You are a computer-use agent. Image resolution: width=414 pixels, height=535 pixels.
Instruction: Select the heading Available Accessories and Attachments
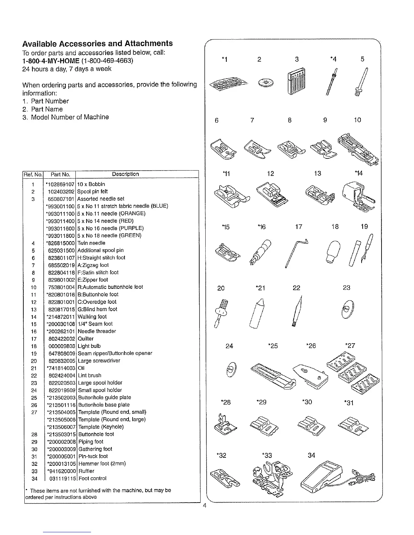[97, 44]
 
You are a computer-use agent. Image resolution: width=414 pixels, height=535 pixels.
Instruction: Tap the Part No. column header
[60, 175]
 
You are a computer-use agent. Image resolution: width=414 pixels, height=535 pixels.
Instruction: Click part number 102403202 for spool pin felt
[60, 192]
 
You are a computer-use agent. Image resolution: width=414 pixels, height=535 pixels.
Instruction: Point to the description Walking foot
[92, 317]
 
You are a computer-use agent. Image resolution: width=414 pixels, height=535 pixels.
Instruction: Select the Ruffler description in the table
[86, 471]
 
